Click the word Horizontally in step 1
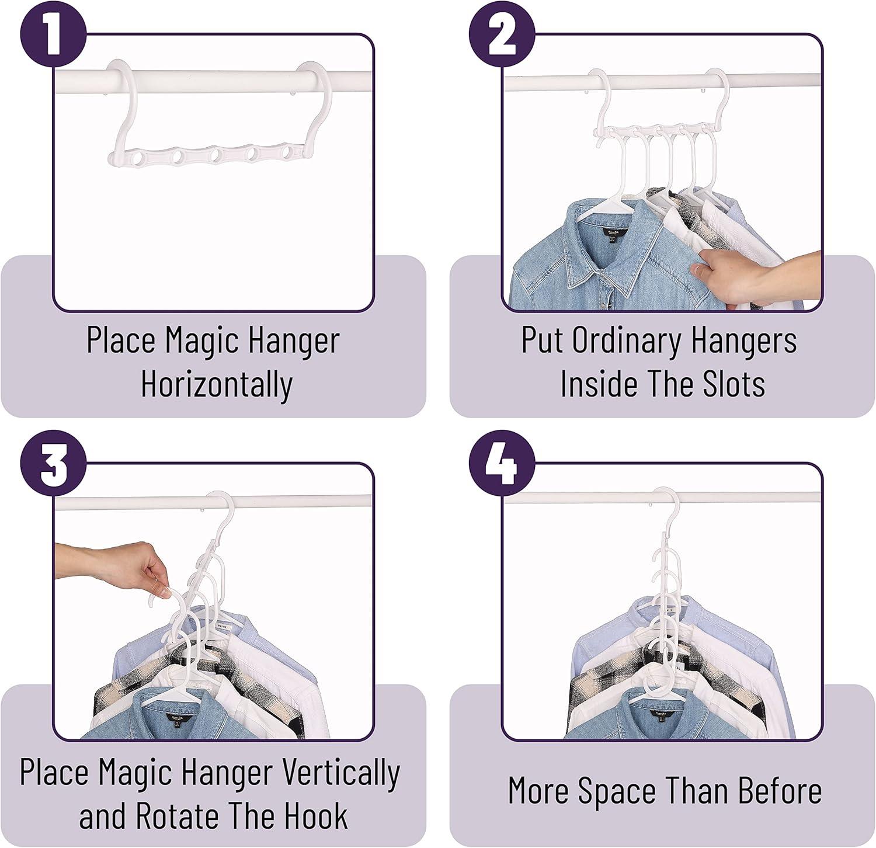[217, 384]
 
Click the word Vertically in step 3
[341, 772]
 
